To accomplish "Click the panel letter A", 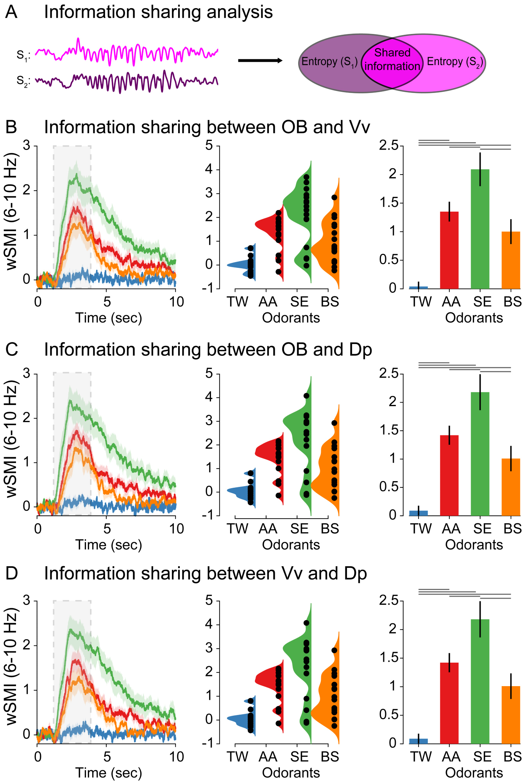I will pos(11,12).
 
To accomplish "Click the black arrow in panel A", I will pos(260,61).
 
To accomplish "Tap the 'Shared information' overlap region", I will pos(392,60).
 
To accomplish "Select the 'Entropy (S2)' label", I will pos(455,62).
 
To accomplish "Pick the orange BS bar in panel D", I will pos(511,715).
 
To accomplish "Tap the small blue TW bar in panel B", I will pos(418,287).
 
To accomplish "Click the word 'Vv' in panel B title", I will pos(357,127).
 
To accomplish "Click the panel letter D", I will pos(12,574).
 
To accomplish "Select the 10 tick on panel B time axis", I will pos(176,302).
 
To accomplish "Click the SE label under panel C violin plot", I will pos(299,529).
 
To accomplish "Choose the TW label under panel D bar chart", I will pos(421,757).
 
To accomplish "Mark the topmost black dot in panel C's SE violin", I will pos(306,396).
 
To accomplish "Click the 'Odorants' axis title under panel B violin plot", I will pos(291,318).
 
